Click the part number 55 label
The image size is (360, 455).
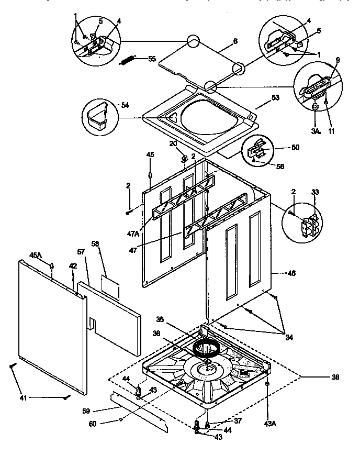click(x=152, y=59)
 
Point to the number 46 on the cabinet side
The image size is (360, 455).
click(x=291, y=273)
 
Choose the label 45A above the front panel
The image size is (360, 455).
click(x=35, y=255)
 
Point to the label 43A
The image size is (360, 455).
click(x=268, y=408)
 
